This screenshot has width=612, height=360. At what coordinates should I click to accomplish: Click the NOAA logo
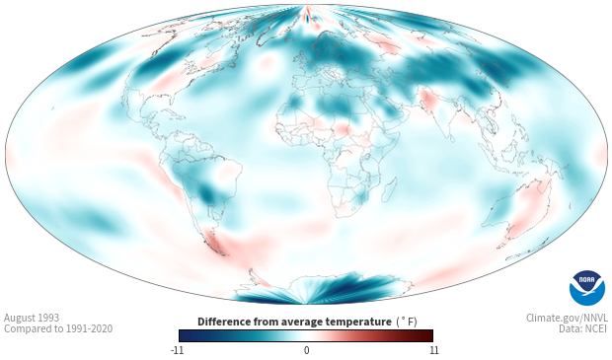(587, 288)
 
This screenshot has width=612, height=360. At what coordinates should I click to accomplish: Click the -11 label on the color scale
(177, 350)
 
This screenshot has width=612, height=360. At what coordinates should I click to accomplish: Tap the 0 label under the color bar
(306, 350)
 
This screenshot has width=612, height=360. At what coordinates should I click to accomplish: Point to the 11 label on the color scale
(433, 350)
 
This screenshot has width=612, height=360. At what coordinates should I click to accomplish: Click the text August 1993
(32, 318)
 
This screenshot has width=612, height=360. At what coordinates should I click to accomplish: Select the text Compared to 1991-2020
(58, 328)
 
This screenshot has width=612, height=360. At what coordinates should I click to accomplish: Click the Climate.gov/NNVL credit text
(567, 318)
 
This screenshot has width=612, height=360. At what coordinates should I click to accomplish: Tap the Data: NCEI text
(583, 328)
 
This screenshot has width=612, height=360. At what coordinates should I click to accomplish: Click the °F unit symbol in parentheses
(410, 322)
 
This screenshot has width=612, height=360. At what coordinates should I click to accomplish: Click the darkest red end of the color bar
(430, 335)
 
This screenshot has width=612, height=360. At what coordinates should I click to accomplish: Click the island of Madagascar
(389, 189)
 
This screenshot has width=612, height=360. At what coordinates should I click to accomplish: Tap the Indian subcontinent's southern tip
(451, 141)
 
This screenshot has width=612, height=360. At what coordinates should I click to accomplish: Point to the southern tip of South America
(223, 254)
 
